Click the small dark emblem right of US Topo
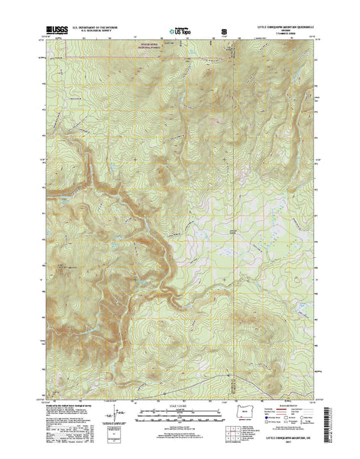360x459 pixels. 224,32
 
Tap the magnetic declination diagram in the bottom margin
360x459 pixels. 116,416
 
